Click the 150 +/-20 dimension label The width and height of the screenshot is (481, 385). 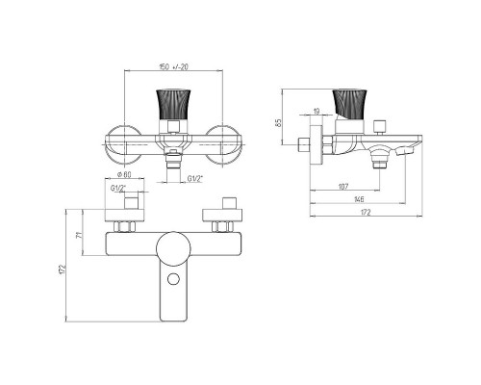[x=174, y=66]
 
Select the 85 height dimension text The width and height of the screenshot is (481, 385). [x=278, y=122]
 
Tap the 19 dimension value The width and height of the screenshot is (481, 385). [x=316, y=111]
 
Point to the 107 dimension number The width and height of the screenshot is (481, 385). [x=343, y=187]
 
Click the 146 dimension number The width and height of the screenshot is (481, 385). [x=359, y=199]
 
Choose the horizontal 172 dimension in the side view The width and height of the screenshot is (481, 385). [x=366, y=212]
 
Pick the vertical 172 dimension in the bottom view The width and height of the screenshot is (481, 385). [x=63, y=269]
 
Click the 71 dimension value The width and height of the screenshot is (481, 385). [x=80, y=235]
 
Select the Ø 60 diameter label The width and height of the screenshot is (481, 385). [x=124, y=174]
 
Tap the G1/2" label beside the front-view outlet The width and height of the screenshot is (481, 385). [x=195, y=178]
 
